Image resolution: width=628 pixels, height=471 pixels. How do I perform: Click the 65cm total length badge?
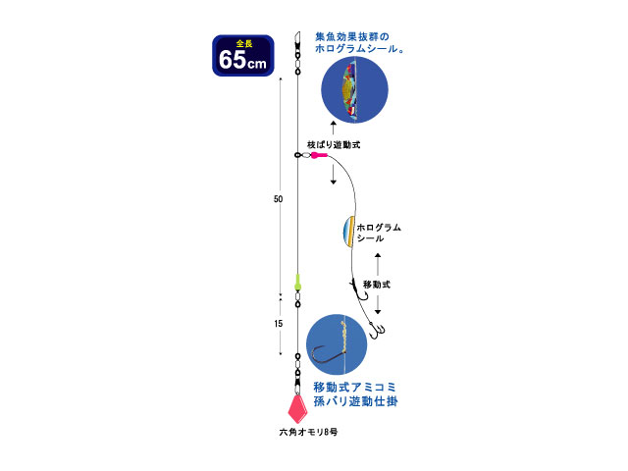pos(243,56)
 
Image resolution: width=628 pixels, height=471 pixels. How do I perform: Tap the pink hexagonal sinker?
pos(297,409)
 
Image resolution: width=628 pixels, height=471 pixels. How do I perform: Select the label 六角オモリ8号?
pos(308,432)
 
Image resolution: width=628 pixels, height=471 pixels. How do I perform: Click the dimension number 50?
pos(278,199)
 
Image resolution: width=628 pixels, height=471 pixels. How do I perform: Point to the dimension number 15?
pos(279,323)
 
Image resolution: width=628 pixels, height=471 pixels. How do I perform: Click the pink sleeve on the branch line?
pos(320,155)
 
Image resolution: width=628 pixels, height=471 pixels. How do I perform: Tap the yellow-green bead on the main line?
pos(297,283)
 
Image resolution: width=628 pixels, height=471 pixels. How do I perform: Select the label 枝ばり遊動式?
pos(334,144)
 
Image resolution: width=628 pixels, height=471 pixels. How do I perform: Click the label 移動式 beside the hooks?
pos(377,285)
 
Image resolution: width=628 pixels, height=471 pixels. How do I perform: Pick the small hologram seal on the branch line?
pos(349,232)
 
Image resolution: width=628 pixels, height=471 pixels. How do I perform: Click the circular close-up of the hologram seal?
pos(354,89)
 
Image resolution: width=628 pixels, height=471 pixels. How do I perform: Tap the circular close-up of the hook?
pos(337,344)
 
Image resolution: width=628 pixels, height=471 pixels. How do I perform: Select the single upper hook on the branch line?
pos(359,291)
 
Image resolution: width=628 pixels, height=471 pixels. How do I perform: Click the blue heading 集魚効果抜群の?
pos(352,37)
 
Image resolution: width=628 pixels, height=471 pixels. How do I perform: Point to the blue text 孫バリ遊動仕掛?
pos(355,401)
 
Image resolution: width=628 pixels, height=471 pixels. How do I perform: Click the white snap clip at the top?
pos(297,38)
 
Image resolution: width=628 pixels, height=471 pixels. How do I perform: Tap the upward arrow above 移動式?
pos(378,265)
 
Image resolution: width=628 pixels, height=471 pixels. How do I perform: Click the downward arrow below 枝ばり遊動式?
pos(334,175)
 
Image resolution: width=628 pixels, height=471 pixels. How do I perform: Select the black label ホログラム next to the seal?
pos(379,228)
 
